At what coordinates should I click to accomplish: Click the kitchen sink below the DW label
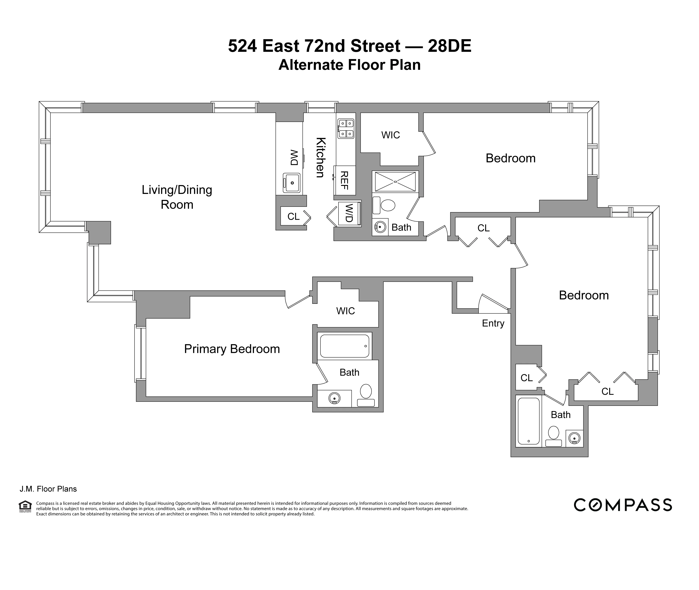pyautogui.click(x=291, y=183)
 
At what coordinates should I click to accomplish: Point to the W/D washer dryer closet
pyautogui.click(x=349, y=213)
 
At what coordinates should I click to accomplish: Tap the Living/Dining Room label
pyautogui.click(x=177, y=197)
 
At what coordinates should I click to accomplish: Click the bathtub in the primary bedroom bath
pyautogui.click(x=345, y=346)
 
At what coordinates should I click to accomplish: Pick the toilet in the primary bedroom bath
pyautogui.click(x=366, y=395)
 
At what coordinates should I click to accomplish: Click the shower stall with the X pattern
pyautogui.click(x=395, y=182)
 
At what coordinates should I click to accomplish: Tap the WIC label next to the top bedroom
pyautogui.click(x=391, y=135)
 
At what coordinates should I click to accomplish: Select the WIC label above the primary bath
pyautogui.click(x=345, y=311)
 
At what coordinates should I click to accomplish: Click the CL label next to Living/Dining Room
pyautogui.click(x=293, y=217)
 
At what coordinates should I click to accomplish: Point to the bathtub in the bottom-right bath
pyautogui.click(x=528, y=421)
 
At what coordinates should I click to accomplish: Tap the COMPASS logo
pyautogui.click(x=623, y=505)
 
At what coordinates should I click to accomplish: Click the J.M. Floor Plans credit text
pyautogui.click(x=48, y=489)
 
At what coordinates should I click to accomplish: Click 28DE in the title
pyautogui.click(x=449, y=46)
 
